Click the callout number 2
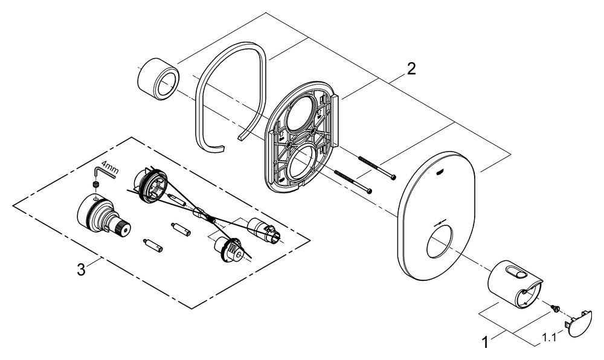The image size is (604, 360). tap(411, 69)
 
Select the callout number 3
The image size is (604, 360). tap(81, 269)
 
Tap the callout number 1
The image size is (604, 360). tap(486, 342)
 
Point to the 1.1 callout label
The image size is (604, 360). tap(549, 338)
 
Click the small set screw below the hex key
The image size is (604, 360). tap(95, 185)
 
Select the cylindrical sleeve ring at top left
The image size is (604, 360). tap(158, 78)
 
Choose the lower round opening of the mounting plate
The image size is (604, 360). tap(301, 162)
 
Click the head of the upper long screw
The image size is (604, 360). tap(393, 177)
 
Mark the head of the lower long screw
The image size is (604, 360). tap(370, 191)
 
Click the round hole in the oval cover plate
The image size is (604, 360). tap(440, 242)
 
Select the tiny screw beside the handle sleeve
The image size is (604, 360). tap(554, 309)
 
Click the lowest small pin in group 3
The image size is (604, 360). tap(153, 245)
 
